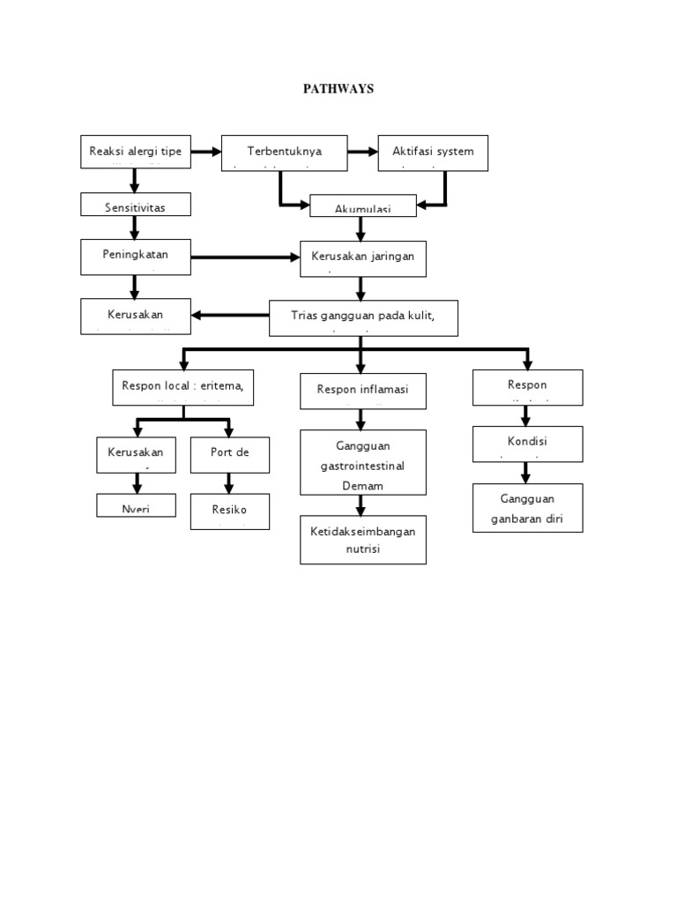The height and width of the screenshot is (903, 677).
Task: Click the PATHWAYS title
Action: (x=338, y=88)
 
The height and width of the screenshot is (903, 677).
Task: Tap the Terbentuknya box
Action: (x=284, y=152)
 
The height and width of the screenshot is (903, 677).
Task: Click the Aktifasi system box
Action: (x=433, y=152)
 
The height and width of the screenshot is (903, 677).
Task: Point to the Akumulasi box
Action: (x=362, y=207)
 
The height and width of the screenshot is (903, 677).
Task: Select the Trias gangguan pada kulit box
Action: (x=363, y=317)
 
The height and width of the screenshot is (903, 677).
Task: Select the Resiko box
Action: (x=229, y=511)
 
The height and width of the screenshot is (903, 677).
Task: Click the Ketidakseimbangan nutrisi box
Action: (x=362, y=540)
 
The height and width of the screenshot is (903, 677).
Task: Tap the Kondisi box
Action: (x=527, y=443)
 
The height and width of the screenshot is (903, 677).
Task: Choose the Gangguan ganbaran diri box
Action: (x=527, y=509)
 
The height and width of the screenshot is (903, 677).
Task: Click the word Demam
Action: (x=362, y=486)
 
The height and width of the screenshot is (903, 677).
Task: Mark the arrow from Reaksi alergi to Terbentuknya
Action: (x=206, y=152)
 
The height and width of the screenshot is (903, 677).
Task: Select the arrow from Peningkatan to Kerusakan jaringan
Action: (x=246, y=257)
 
